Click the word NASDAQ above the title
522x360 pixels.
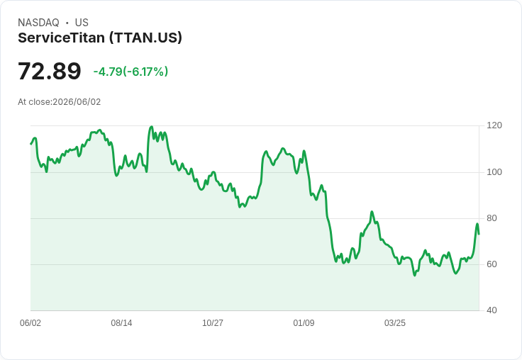(x=38, y=23)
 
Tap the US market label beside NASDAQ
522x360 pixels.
(x=82, y=23)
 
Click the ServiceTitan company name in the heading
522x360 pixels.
(x=61, y=38)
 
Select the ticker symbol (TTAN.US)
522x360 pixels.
(x=146, y=38)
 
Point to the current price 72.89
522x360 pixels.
(x=49, y=71)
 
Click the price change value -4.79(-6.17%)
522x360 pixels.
(x=130, y=72)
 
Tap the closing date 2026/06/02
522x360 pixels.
(x=77, y=102)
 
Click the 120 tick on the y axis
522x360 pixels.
(x=494, y=125)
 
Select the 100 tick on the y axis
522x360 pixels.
(x=494, y=172)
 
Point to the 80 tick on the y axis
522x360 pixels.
(x=492, y=218)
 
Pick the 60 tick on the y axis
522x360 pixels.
(x=492, y=264)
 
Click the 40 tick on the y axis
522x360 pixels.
(x=492, y=310)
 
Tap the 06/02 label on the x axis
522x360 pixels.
(x=30, y=323)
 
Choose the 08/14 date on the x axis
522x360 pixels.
(x=121, y=323)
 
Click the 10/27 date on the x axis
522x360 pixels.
(x=213, y=323)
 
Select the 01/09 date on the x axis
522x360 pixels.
(x=304, y=323)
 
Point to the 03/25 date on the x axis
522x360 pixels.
(x=395, y=323)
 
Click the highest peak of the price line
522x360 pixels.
(x=152, y=126)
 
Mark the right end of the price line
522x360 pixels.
(x=479, y=235)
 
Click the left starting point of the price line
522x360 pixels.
(x=30, y=144)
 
